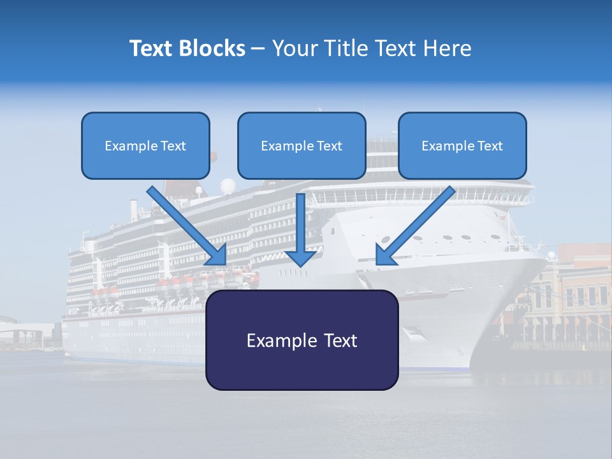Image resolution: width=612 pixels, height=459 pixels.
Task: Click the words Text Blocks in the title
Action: tap(187, 48)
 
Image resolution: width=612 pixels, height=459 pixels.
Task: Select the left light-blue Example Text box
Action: tap(145, 145)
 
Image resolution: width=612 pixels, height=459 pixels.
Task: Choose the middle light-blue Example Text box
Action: tap(302, 145)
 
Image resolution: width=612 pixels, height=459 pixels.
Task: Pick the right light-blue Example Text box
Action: tap(462, 145)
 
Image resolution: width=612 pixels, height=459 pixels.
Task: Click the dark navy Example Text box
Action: tap(302, 340)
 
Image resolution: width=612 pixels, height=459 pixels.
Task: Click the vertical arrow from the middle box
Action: tap(300, 229)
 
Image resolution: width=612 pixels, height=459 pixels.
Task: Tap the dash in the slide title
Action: tap(258, 48)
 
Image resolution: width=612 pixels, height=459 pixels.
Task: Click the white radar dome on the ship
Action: tap(228, 186)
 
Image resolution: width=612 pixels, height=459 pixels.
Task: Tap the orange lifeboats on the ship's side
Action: tap(191, 279)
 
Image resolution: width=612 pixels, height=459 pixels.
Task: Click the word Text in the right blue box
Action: tap(490, 146)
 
